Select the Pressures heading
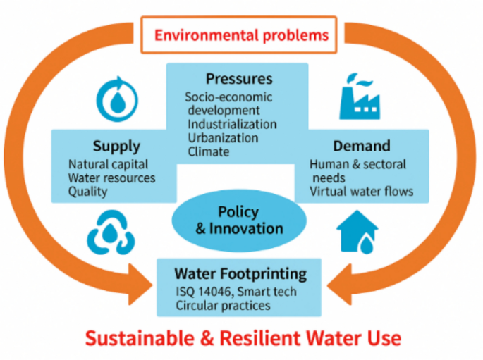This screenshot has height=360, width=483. (239, 78)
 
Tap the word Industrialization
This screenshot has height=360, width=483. (232, 124)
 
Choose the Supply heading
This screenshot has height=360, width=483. (116, 147)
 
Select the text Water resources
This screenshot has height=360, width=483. (111, 178)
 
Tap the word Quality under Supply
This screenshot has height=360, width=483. (87, 191)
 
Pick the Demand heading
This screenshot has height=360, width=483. (361, 147)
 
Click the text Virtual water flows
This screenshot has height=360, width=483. (362, 191)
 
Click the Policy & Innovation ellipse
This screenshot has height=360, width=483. (238, 220)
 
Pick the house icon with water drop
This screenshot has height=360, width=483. (357, 232)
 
